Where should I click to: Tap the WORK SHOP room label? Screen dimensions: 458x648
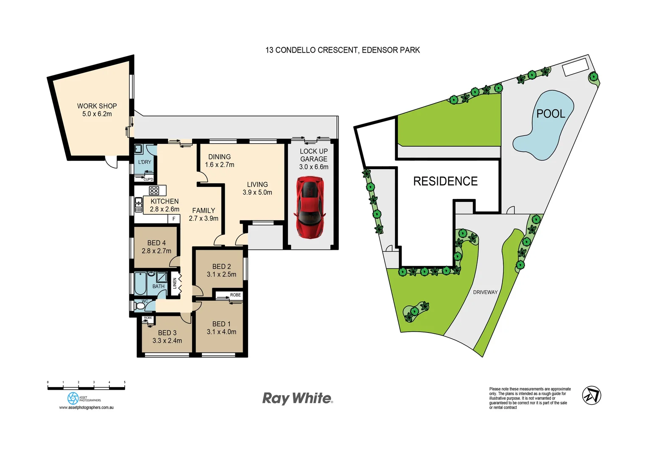[x=97, y=106]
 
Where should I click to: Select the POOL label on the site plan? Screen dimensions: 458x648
[x=550, y=114]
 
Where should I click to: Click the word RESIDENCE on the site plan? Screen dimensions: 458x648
[x=445, y=182]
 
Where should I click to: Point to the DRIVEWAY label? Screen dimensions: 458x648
[x=485, y=292]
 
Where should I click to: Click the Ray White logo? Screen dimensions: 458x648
[x=297, y=398]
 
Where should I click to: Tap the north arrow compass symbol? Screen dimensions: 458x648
[x=591, y=396]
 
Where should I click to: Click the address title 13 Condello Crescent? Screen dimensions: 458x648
[x=342, y=50]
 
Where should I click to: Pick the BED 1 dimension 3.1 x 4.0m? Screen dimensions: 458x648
[x=221, y=332]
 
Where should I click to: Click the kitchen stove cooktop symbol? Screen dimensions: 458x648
[x=154, y=191]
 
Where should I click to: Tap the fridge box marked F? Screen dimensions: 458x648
[x=173, y=219]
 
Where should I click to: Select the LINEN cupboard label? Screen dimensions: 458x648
[x=175, y=283]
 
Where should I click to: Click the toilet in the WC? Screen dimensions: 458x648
[x=140, y=306]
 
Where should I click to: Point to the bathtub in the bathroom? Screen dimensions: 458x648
[x=140, y=283]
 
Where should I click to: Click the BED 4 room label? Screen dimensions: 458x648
[x=156, y=243]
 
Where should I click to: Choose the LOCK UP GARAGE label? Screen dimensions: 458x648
[x=313, y=155]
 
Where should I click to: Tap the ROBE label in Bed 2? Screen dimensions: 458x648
[x=235, y=295]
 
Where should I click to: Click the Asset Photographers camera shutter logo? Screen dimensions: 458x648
[x=73, y=398]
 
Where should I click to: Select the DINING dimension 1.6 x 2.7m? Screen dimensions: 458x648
[x=219, y=165]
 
